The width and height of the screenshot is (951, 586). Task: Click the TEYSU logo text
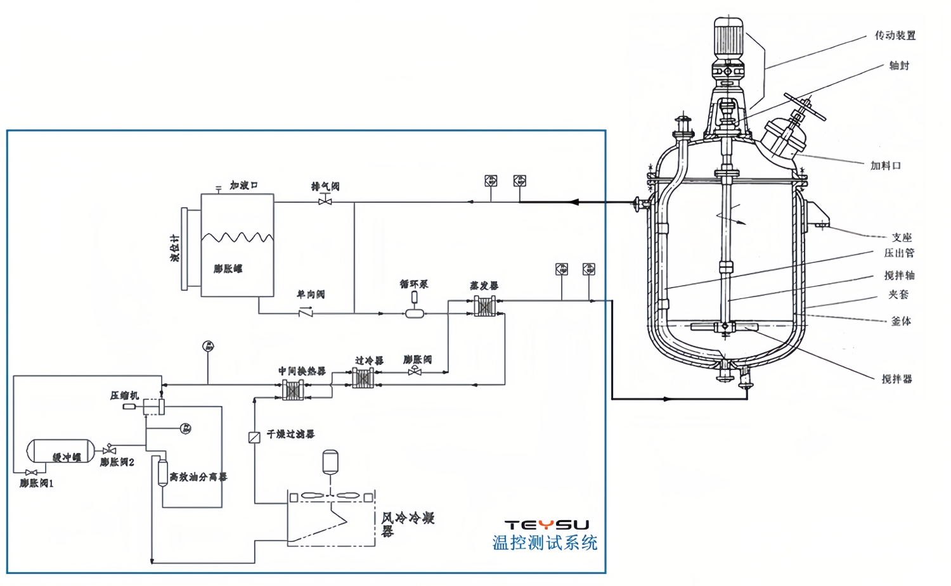point(547,525)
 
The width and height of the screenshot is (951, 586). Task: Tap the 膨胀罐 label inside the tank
point(228,269)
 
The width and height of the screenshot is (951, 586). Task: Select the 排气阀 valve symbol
point(325,201)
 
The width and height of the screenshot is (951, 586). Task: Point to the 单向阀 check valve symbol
point(306,312)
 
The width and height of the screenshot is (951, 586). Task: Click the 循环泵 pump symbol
point(415,312)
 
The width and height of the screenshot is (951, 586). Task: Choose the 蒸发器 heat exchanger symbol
point(485,307)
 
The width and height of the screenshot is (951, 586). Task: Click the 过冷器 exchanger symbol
point(363,378)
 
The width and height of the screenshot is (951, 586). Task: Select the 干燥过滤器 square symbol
point(254,437)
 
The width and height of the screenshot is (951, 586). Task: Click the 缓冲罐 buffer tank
point(60,451)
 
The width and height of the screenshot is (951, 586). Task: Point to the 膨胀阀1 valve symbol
point(31,472)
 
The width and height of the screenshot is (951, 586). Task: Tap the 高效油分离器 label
point(198,476)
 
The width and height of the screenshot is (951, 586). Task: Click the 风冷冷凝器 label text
point(407,523)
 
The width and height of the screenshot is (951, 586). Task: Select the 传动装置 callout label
point(895,35)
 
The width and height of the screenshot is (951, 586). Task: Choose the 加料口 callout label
point(885,165)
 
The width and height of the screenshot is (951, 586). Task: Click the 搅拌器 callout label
point(896,379)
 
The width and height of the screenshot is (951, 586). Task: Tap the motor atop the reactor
point(728,37)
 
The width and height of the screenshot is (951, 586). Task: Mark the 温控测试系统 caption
point(545,543)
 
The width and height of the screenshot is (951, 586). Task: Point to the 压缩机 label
point(124,395)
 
